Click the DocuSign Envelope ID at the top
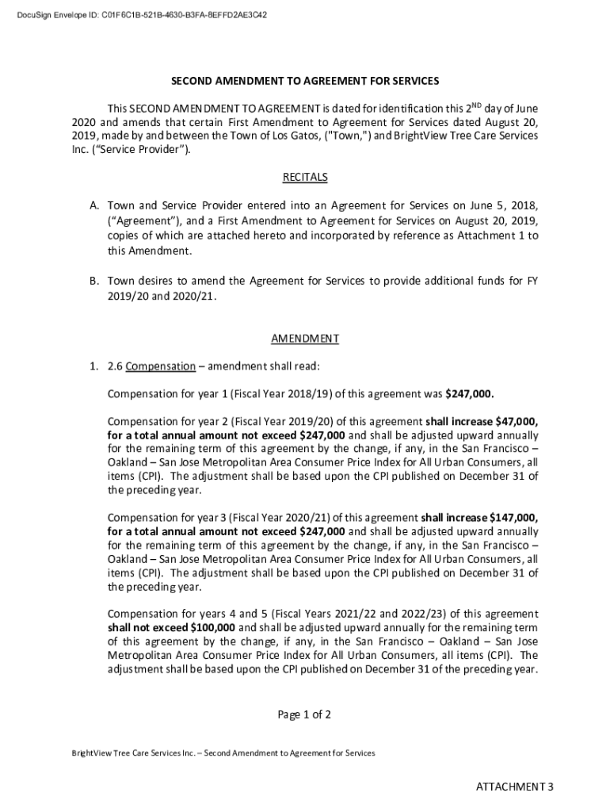[143, 14]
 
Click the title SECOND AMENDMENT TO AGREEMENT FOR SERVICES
[305, 82]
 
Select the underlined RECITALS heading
[305, 177]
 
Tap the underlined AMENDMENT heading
[305, 339]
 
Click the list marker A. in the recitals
[93, 205]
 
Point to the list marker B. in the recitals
[93, 281]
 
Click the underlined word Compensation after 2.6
[160, 366]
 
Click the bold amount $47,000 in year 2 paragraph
[517, 421]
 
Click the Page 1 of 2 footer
[304, 714]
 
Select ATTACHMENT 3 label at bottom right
[514, 787]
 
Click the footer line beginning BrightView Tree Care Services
[223, 753]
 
